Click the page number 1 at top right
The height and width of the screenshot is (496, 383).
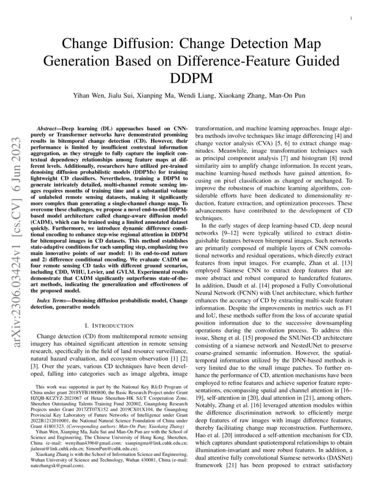click(351, 18)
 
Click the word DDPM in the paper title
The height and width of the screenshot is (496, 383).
click(191, 78)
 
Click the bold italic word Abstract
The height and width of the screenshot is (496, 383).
click(48, 129)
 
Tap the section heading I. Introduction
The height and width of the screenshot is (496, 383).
click(110, 325)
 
